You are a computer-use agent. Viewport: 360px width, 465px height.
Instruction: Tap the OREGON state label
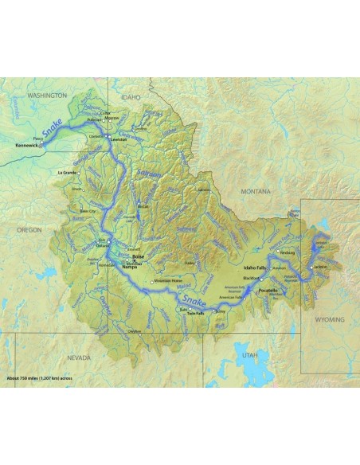(29, 229)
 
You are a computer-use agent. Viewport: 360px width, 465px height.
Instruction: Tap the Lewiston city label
(119, 139)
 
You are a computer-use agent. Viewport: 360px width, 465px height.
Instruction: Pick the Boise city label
(138, 256)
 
